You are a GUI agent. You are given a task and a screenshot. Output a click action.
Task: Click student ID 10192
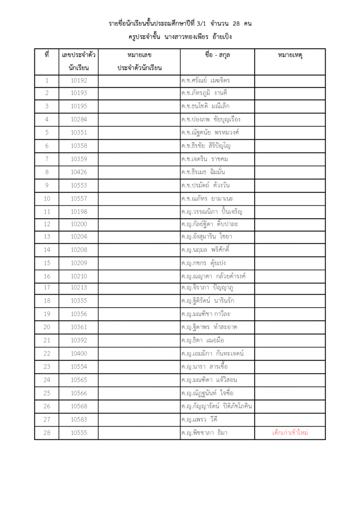click(79, 81)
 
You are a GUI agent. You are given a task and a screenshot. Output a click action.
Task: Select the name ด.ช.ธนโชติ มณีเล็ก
click(205, 106)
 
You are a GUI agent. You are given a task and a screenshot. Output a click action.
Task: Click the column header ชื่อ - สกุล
click(217, 55)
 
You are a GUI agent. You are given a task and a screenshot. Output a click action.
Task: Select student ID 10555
click(79, 433)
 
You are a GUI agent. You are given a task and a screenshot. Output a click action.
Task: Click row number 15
click(47, 263)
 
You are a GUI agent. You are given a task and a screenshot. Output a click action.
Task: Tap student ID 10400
click(79, 354)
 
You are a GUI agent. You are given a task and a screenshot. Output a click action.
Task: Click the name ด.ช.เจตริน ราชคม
click(205, 159)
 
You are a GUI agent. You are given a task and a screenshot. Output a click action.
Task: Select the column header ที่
click(46, 55)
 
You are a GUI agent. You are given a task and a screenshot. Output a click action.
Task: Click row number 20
click(47, 327)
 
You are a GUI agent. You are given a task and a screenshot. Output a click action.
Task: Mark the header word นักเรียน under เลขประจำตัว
click(79, 68)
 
